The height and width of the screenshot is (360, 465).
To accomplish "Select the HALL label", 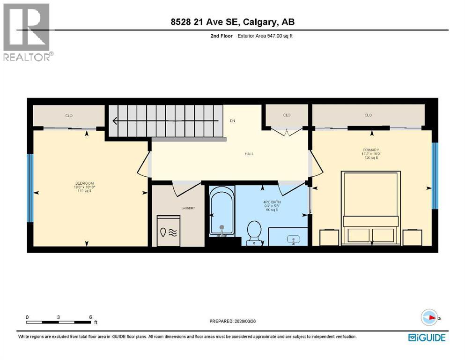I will (x=249, y=154).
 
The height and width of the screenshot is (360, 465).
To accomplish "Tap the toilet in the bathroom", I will (x=254, y=232).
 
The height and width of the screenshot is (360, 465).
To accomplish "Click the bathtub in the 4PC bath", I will (x=221, y=212).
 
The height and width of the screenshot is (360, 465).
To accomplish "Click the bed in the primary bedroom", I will (x=371, y=208).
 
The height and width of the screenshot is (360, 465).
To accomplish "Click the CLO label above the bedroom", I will (x=69, y=115).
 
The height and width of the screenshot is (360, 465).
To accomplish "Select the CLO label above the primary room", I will (x=368, y=115).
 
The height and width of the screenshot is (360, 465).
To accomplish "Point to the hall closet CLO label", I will (x=287, y=115).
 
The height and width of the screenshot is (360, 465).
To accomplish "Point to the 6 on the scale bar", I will (x=90, y=317).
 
